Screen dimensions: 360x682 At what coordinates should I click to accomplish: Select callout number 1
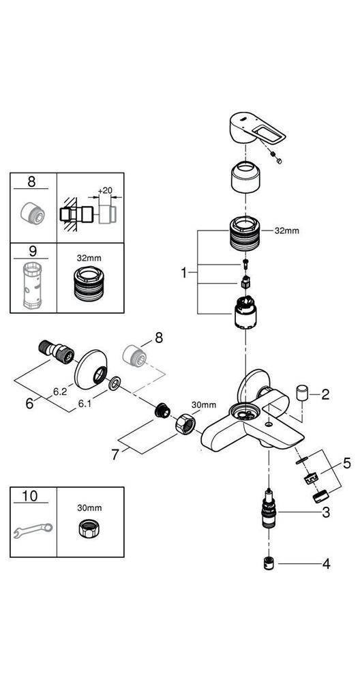coord(184,273)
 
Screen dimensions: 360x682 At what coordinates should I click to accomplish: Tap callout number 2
coord(326,395)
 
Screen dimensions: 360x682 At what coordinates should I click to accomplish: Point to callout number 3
coord(326,513)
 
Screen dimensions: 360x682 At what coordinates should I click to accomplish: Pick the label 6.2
coord(60,391)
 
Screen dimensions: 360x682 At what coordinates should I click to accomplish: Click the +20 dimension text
coord(105,190)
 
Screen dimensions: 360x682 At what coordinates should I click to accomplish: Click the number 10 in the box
coord(30,496)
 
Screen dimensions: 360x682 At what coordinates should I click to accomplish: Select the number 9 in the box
coord(31,251)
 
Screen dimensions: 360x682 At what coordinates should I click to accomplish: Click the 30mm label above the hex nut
coord(203,405)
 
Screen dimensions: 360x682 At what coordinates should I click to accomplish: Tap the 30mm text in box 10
coord(90,507)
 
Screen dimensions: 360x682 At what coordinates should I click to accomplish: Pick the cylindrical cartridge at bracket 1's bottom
coord(246,313)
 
